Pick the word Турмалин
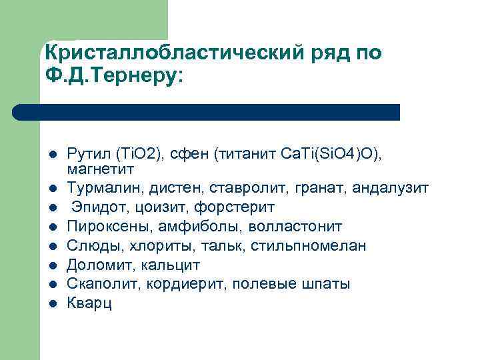[97, 189]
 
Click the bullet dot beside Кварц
[53, 305]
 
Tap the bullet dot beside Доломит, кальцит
[53, 266]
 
